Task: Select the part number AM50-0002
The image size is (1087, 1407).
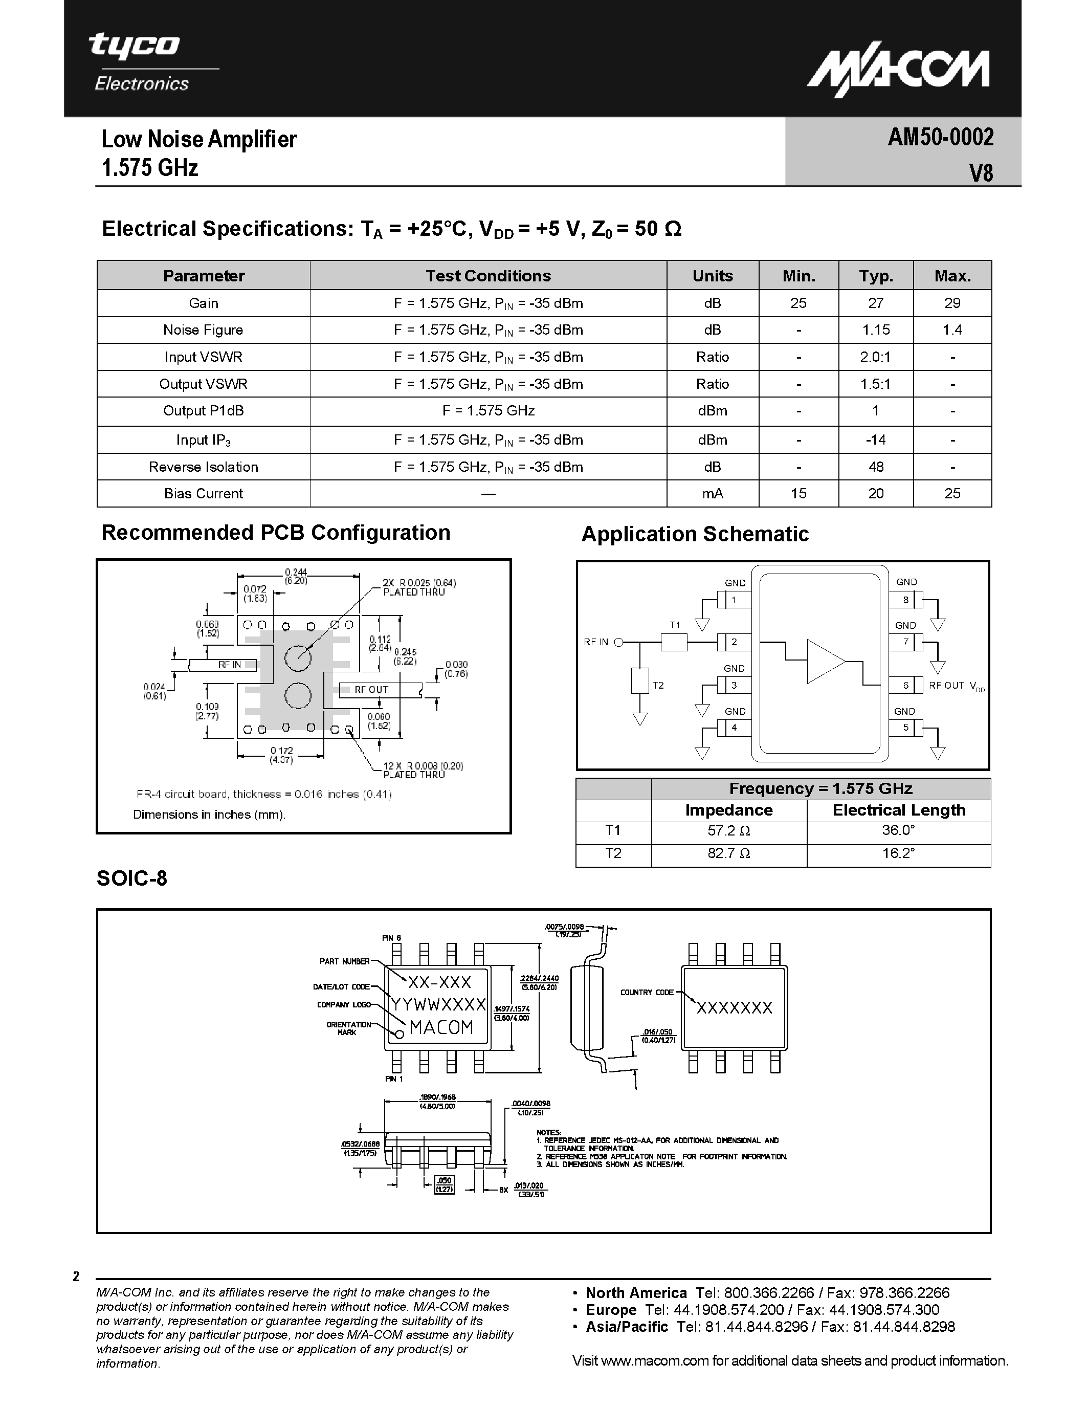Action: tap(940, 137)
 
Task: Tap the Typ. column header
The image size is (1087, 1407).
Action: tap(876, 276)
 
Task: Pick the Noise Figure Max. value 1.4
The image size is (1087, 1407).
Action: tap(952, 330)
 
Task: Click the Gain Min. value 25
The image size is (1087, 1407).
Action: tap(798, 303)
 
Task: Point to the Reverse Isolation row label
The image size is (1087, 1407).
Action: tap(204, 467)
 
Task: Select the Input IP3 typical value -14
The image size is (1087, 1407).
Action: tap(876, 440)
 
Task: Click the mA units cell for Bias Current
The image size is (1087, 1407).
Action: tap(712, 494)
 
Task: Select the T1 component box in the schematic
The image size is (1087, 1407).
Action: tap(674, 642)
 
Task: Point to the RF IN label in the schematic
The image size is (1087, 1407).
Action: tap(595, 642)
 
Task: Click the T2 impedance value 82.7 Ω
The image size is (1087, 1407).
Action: tap(729, 853)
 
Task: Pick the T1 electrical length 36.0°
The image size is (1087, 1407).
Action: tap(898, 830)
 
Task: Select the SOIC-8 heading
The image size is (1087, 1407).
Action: tap(132, 878)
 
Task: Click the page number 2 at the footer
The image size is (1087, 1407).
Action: tap(76, 1277)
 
